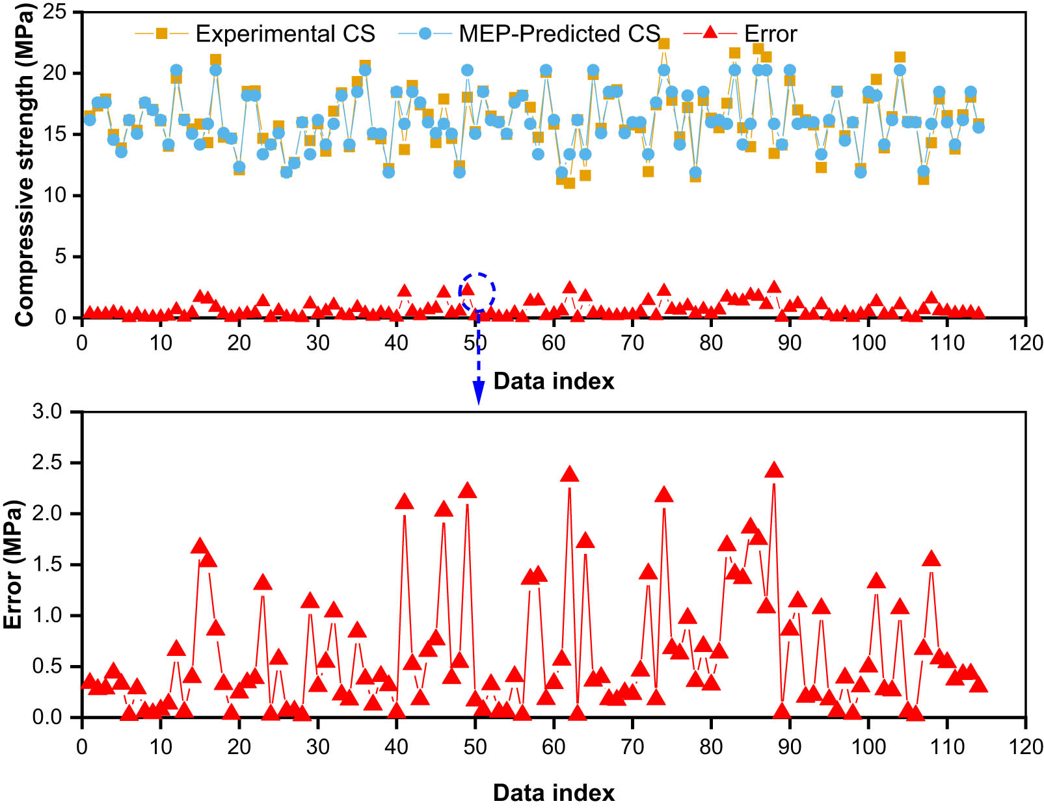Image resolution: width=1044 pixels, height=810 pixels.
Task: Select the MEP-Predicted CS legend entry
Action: (x=530, y=33)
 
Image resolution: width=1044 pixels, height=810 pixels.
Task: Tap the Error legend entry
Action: (x=742, y=33)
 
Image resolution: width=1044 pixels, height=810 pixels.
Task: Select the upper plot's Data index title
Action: (x=554, y=381)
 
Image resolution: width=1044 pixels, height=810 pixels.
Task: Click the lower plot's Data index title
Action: (x=554, y=793)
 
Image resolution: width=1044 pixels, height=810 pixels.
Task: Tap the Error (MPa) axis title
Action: (x=13, y=564)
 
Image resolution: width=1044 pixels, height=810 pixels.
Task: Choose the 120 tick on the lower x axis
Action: (x=1026, y=746)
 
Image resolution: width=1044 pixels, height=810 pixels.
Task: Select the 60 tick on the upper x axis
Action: (x=554, y=343)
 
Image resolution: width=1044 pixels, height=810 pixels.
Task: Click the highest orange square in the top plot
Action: (x=663, y=44)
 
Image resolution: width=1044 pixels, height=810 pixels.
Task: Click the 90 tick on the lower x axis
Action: (x=790, y=746)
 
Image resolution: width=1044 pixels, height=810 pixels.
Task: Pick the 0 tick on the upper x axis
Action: (x=82, y=343)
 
